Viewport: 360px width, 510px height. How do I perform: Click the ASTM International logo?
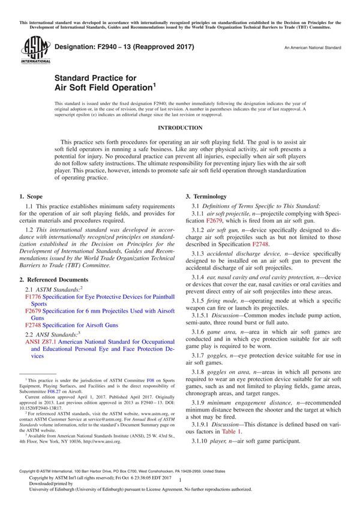31,49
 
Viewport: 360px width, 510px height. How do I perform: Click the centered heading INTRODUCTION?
180,128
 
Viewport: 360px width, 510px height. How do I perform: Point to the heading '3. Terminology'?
206,196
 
